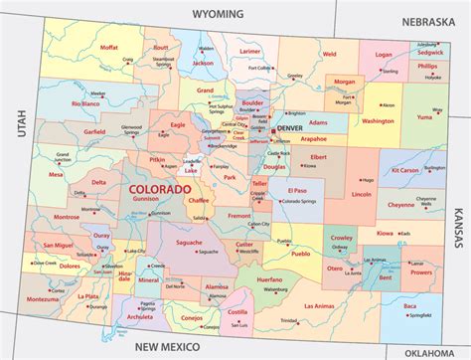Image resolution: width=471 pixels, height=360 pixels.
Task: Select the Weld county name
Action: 329,54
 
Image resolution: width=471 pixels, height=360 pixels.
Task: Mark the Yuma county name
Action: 423,113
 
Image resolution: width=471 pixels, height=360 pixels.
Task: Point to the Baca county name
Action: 408,306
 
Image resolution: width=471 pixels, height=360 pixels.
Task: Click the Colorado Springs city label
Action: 303,203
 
